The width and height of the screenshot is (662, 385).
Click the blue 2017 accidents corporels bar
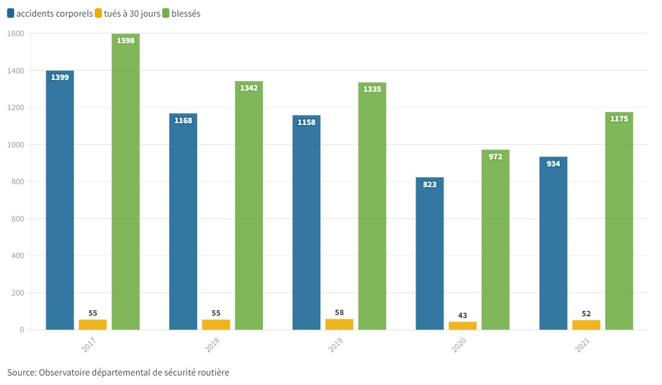(x=60, y=201)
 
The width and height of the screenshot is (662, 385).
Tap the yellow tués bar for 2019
(x=339, y=325)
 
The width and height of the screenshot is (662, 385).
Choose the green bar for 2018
(x=249, y=207)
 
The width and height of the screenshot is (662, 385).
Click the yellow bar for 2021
(x=586, y=325)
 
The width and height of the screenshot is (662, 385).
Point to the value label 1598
(x=126, y=41)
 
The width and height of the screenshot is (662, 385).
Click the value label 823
(x=430, y=184)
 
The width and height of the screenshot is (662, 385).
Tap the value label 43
(x=462, y=316)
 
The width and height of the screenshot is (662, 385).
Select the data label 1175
(x=619, y=118)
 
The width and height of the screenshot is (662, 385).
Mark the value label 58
(x=339, y=313)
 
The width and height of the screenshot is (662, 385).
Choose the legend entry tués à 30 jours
(x=131, y=14)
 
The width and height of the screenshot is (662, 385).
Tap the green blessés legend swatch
(x=166, y=14)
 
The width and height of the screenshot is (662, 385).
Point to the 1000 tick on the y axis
(x=16, y=145)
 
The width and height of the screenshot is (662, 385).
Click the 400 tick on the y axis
(x=17, y=256)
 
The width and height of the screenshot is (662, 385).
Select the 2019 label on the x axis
(x=336, y=346)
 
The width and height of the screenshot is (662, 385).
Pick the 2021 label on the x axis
(x=583, y=346)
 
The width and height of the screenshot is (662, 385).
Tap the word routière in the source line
(x=211, y=373)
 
